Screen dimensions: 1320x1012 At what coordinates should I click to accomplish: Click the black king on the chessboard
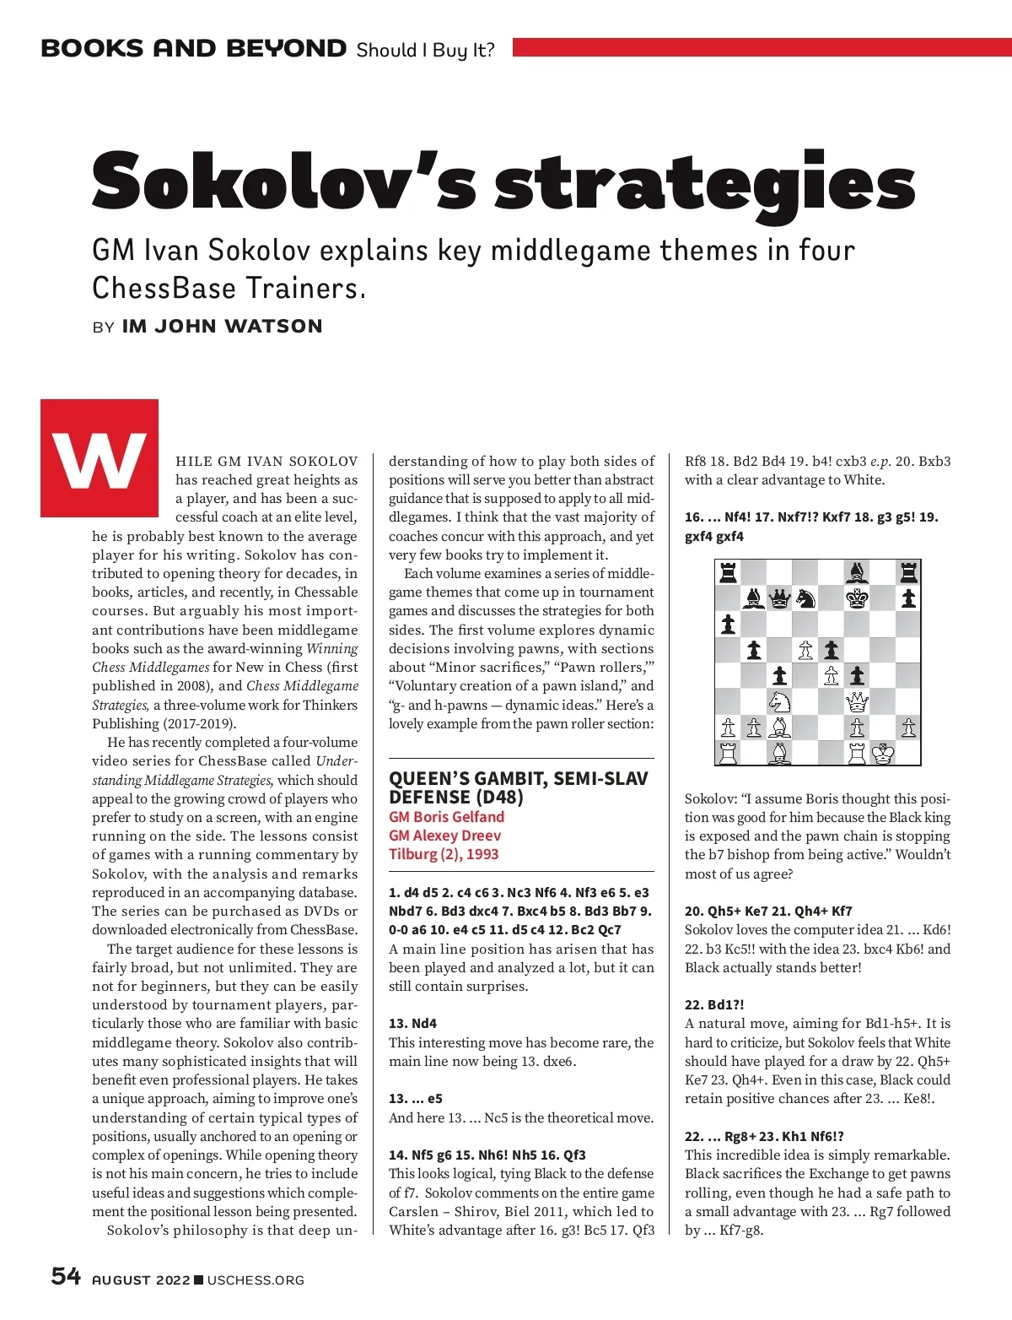click(x=857, y=598)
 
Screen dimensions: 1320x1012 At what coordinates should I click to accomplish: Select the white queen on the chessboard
click(x=857, y=701)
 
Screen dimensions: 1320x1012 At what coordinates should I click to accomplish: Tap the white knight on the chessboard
click(x=779, y=701)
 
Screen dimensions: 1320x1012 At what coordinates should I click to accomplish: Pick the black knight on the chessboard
click(x=805, y=598)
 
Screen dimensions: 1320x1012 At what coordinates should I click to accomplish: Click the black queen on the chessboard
click(x=779, y=598)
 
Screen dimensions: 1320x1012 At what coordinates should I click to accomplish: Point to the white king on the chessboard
click(x=883, y=753)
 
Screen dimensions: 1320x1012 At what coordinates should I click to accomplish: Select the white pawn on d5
click(x=805, y=650)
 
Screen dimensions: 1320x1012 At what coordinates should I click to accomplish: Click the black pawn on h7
click(x=908, y=598)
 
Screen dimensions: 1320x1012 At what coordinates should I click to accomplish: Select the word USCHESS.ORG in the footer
click(x=256, y=1280)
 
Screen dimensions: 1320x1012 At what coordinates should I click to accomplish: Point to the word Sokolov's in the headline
click(x=284, y=183)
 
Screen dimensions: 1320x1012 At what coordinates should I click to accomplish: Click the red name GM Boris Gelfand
click(x=446, y=817)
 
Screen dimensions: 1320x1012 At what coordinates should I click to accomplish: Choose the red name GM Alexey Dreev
click(x=444, y=836)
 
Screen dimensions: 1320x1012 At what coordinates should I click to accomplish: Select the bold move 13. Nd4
click(x=412, y=1024)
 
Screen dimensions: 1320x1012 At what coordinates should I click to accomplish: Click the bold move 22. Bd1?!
click(x=714, y=1005)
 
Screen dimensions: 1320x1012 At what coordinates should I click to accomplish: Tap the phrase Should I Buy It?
click(x=425, y=50)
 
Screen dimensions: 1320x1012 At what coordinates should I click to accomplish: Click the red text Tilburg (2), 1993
click(x=444, y=854)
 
